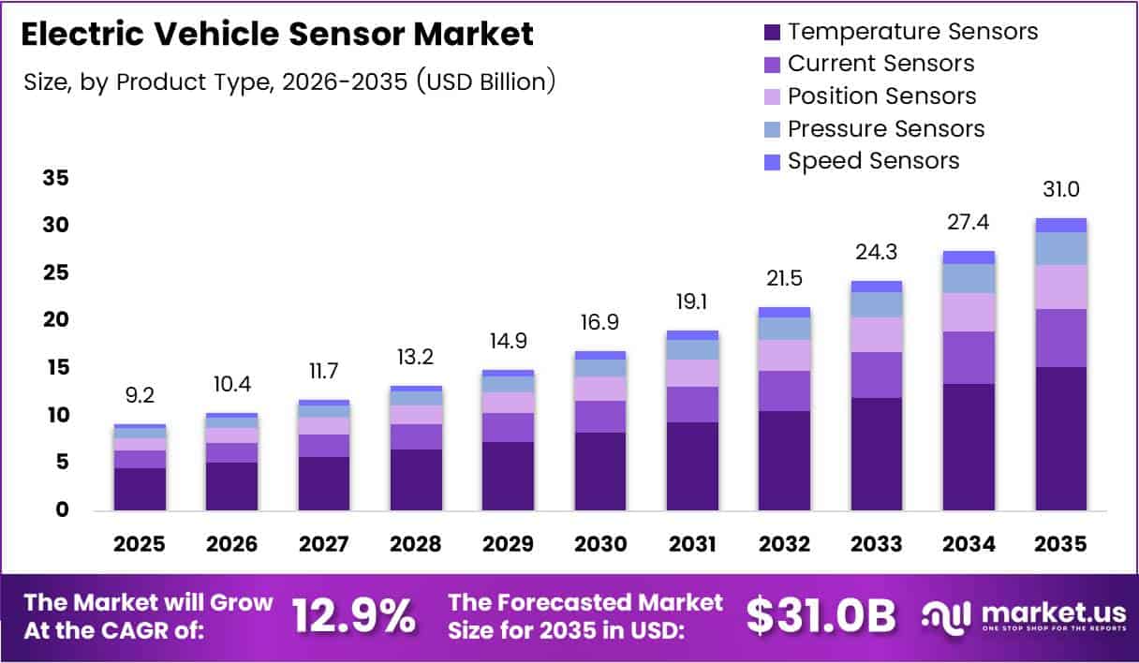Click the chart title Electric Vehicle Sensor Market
pos(276,34)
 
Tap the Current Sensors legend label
pos(880,64)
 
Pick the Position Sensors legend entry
pos(881,96)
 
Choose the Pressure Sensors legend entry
pos(886,128)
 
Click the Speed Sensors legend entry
pos(873,161)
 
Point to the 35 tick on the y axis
pos(54,178)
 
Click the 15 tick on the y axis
pos(54,368)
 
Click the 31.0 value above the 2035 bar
pos(1061,190)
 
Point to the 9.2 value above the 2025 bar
pos(140,396)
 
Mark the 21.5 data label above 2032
pos(785,279)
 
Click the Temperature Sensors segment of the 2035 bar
pos(1061,438)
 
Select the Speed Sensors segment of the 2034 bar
pos(969,258)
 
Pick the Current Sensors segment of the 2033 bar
pos(877,375)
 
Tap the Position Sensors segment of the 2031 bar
pos(692,373)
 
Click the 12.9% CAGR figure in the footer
pos(354,615)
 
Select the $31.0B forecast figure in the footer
pos(821,615)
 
